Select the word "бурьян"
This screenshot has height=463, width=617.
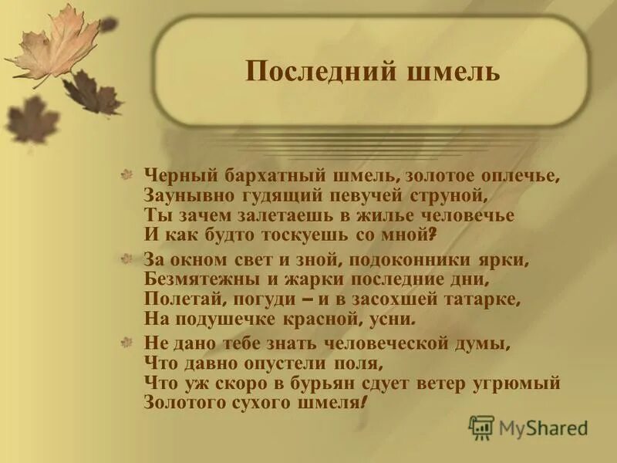(335, 382)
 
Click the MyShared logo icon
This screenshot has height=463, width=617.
(481, 427)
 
